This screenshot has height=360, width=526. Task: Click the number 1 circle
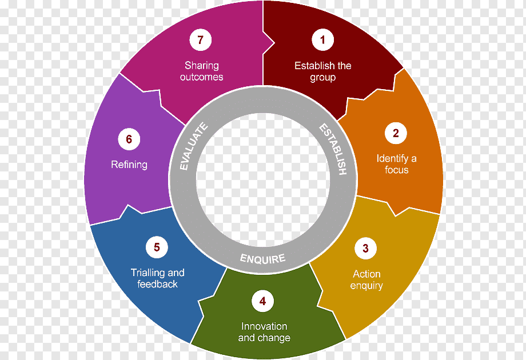point(322,40)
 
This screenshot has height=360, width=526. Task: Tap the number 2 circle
point(396,134)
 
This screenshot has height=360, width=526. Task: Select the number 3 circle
point(365,249)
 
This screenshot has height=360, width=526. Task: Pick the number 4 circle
point(262,301)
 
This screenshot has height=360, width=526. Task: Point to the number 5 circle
point(157,247)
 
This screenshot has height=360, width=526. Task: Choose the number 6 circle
point(129,139)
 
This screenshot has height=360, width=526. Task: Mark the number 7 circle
point(200,40)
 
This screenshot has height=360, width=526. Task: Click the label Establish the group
point(322,71)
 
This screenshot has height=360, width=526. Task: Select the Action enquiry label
point(366,279)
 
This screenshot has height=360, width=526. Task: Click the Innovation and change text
point(264,332)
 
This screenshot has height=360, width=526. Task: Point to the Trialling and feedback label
point(157,278)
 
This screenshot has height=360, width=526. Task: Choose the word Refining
point(129,165)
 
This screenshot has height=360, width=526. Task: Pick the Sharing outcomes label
point(201,71)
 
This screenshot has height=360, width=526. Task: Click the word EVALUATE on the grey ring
point(193,147)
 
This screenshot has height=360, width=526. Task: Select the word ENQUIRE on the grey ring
point(262,258)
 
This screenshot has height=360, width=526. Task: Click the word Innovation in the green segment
point(264,326)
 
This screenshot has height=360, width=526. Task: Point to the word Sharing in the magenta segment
point(201,66)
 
